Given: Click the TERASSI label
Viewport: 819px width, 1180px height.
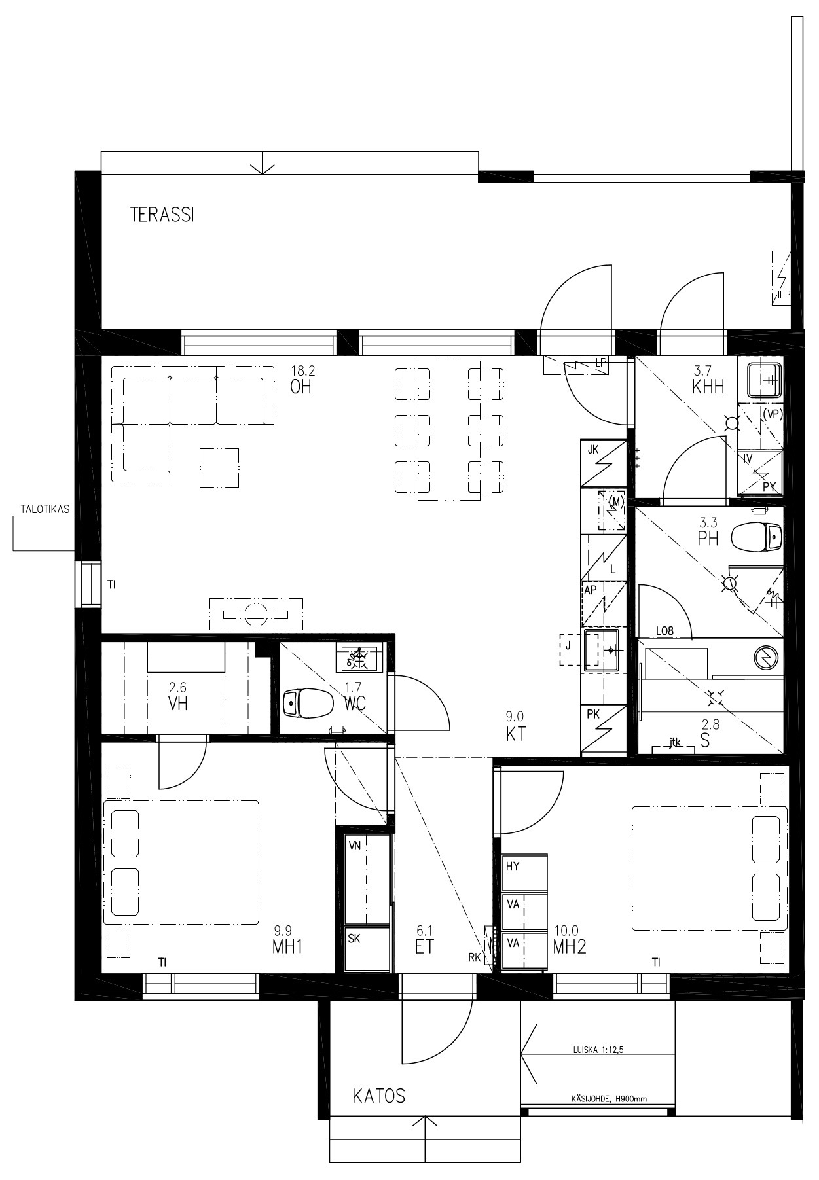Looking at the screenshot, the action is (162, 215).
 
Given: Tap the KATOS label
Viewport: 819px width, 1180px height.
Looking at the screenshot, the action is (378, 1096).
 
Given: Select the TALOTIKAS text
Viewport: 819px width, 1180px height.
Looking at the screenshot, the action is (45, 509).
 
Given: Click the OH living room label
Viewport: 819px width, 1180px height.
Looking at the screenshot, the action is (300, 387).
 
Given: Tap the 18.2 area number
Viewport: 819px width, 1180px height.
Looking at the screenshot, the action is (302, 370).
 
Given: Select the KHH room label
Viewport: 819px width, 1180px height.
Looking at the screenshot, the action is (708, 387).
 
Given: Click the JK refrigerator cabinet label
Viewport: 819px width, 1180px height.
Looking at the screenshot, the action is (593, 450).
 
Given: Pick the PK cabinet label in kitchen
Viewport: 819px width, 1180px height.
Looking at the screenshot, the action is (593, 715).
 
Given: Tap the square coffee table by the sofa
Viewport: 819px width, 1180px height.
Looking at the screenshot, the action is (219, 467).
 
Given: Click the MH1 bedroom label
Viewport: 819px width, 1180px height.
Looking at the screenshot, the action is (287, 946).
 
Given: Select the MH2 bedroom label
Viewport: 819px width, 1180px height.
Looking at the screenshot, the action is (570, 946).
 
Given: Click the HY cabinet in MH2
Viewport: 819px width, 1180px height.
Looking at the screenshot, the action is (524, 872).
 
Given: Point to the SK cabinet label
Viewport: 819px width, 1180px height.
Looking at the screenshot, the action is (354, 938).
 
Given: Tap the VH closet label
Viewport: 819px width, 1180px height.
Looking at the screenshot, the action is (178, 704).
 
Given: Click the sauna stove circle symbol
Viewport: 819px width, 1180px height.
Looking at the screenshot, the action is (764, 656).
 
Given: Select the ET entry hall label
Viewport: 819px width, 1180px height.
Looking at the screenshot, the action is (424, 946).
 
